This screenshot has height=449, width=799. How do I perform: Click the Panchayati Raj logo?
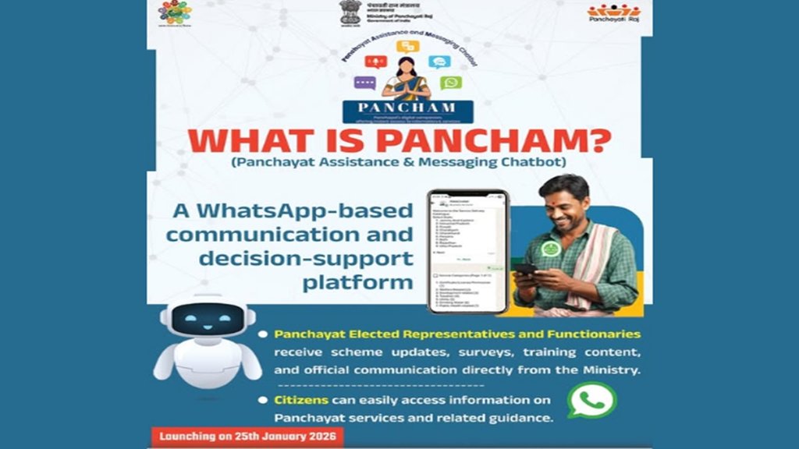tap(613, 11)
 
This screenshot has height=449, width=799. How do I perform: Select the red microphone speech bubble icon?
tap(376, 62)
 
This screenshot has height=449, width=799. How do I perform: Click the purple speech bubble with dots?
tap(364, 83)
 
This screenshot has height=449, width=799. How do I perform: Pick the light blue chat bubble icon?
tap(439, 62)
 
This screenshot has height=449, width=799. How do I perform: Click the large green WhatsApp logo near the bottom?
tap(591, 400)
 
